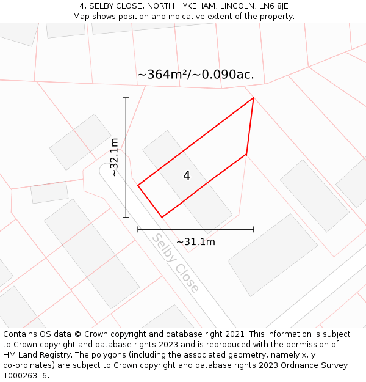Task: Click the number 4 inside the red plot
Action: [x=187, y=176]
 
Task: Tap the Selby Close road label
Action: [x=176, y=263]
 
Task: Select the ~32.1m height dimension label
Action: [x=114, y=157]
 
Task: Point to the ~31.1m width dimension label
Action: [x=196, y=242]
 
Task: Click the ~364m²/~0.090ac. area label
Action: [x=196, y=75]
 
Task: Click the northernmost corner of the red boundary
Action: [x=253, y=98]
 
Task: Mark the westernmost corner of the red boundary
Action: [x=138, y=185]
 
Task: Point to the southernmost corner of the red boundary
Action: [x=162, y=217]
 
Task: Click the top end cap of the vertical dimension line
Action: [x=126, y=97]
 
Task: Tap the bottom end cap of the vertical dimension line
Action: [x=126, y=217]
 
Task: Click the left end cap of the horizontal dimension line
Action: [x=138, y=229]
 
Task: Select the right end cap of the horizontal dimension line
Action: [x=253, y=229]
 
